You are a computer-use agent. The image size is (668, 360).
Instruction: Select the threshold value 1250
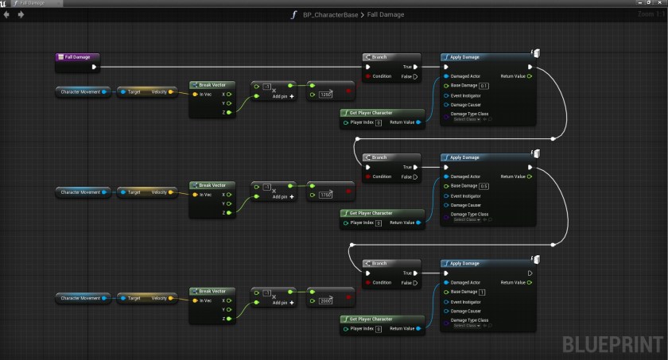tap(325, 94)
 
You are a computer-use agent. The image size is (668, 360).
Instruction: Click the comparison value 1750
tap(325, 194)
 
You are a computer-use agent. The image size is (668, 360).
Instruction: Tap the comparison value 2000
tap(325, 300)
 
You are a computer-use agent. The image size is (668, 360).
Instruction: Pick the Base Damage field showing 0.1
tap(484, 86)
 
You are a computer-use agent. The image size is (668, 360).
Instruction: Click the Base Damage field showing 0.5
tap(484, 186)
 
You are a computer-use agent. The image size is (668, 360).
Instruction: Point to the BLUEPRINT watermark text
tap(612, 345)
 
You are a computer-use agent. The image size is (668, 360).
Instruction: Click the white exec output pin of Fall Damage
tap(95, 67)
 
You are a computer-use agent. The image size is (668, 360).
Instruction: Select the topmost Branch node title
tap(380, 57)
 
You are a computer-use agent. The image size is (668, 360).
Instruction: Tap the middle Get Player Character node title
tap(371, 213)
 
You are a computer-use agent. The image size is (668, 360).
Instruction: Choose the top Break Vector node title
tap(212, 84)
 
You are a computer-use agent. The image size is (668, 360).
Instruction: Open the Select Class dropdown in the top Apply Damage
tap(468, 119)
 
